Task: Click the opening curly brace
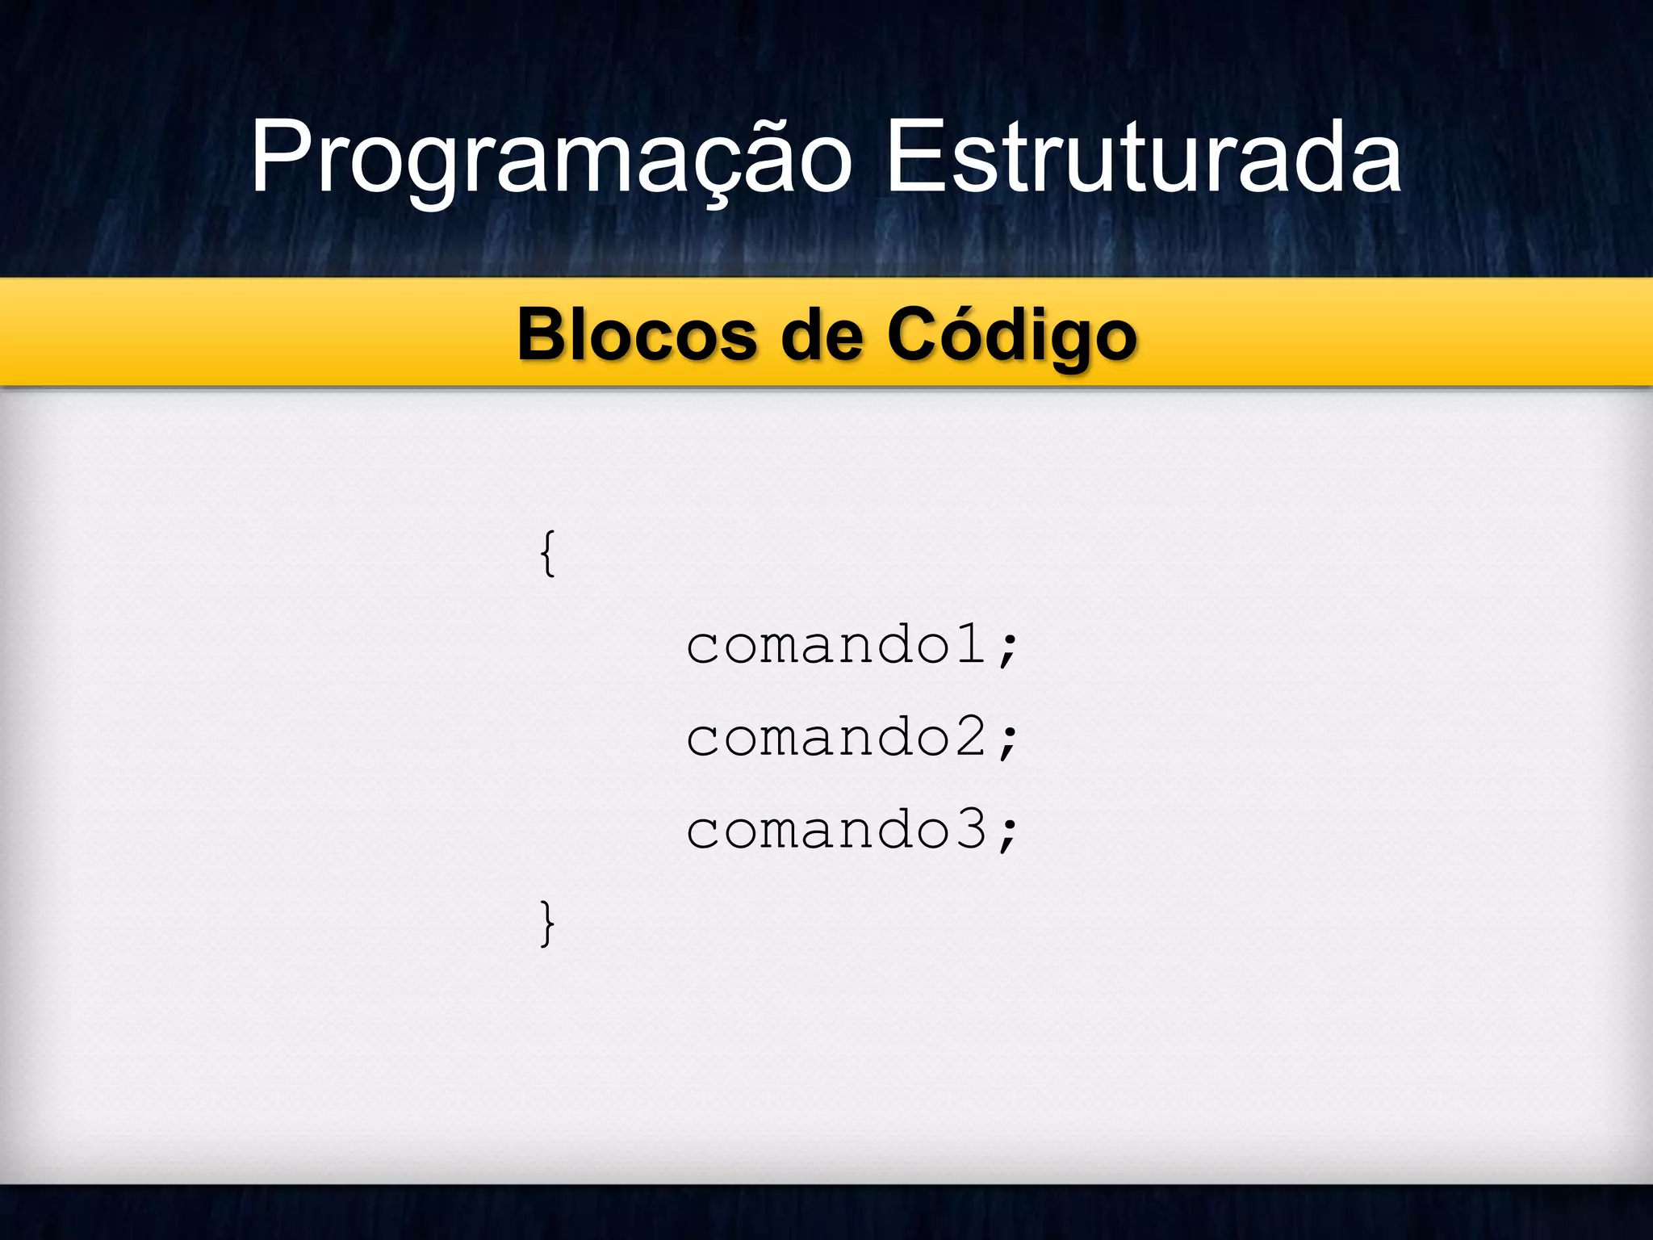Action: (x=547, y=554)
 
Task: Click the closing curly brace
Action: (x=547, y=923)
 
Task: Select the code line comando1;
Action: (x=852, y=646)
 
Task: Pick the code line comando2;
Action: (x=852, y=738)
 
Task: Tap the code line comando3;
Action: (x=852, y=830)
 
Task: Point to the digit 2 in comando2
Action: (x=972, y=736)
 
